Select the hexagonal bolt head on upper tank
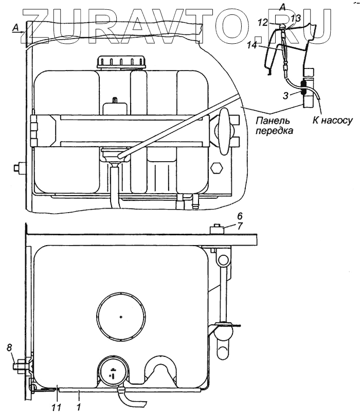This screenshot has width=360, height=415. [x=216, y=168]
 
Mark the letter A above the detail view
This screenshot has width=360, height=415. [x=282, y=6]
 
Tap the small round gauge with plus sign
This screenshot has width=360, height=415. [x=113, y=370]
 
